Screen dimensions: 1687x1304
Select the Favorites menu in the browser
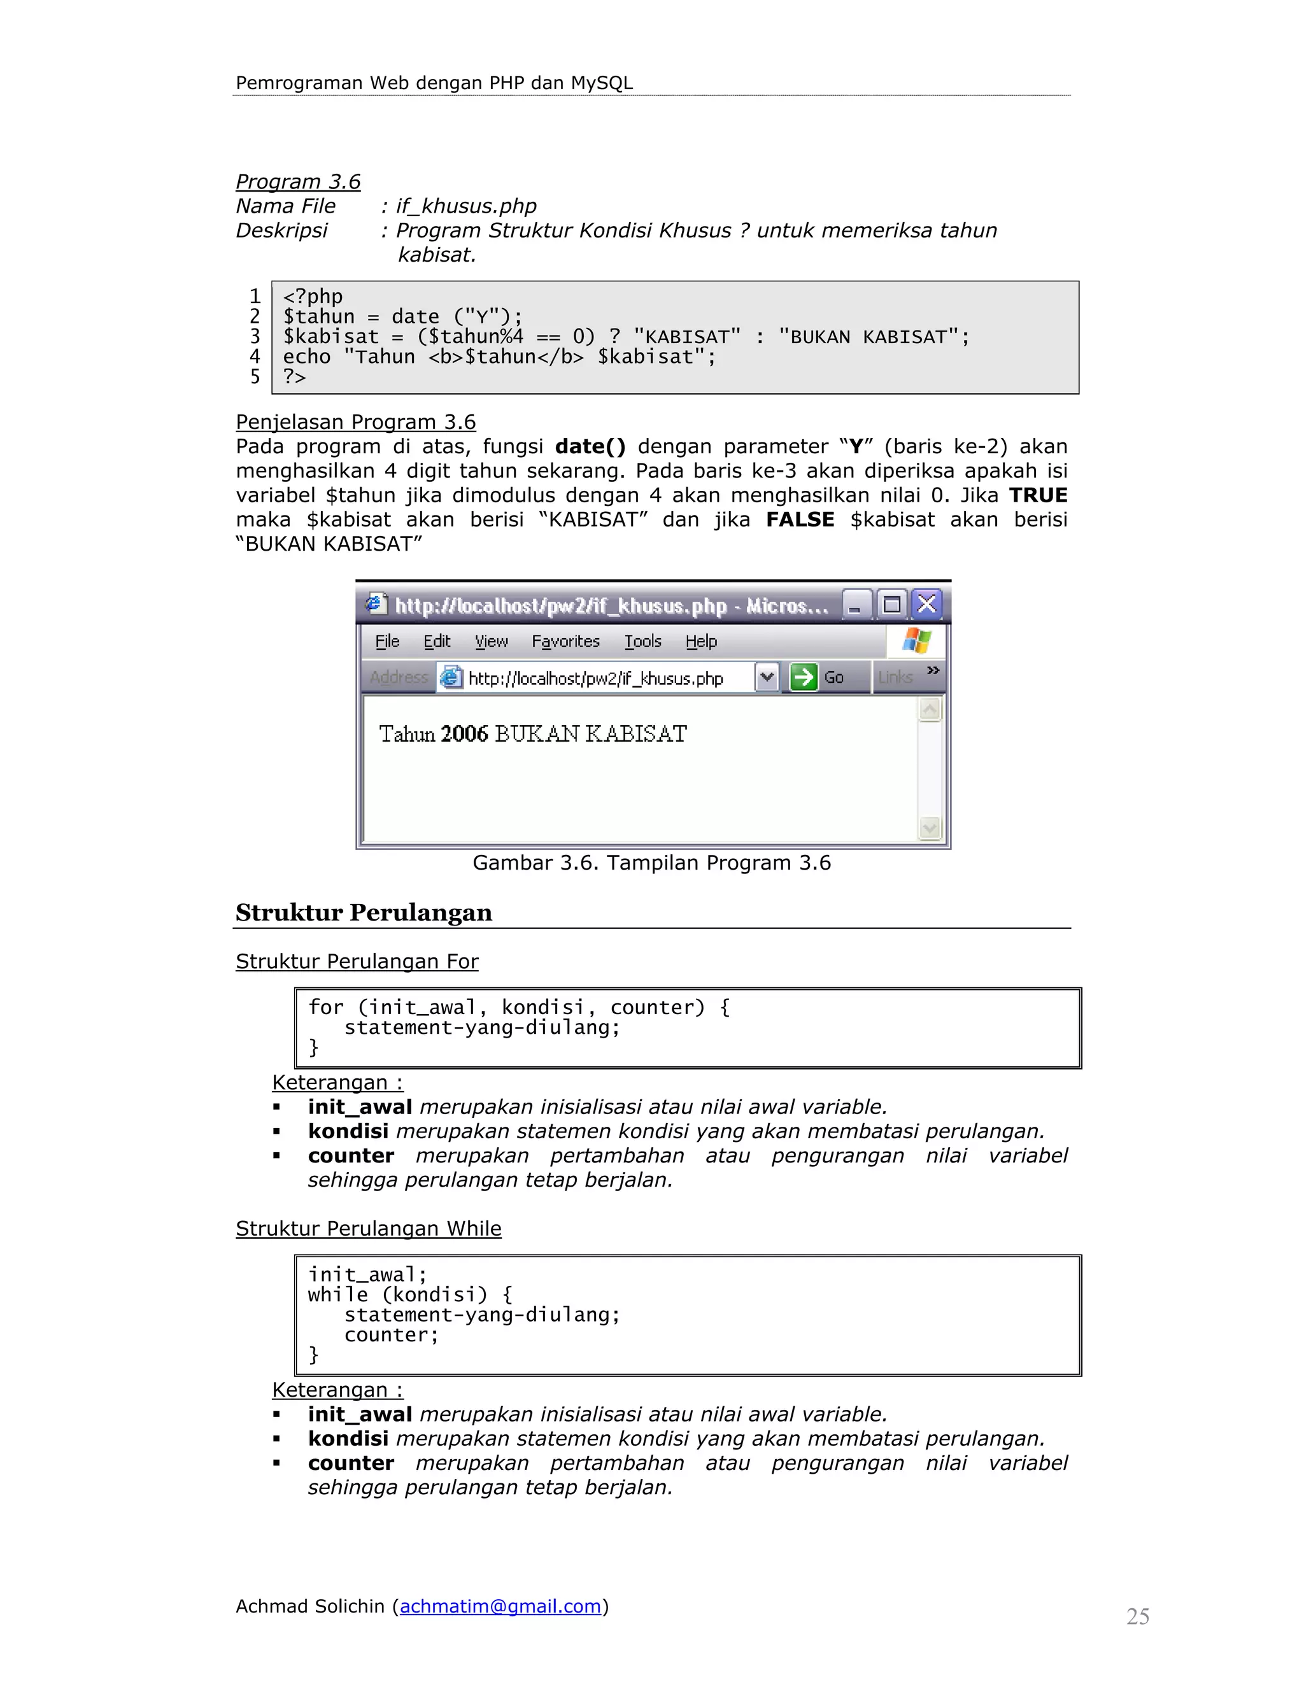point(565,641)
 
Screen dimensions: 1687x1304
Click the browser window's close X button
point(927,604)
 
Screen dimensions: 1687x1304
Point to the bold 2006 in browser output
point(464,734)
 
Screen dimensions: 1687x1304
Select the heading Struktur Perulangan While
point(368,1228)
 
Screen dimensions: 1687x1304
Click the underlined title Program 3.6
point(297,181)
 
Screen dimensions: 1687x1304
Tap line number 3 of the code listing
point(255,336)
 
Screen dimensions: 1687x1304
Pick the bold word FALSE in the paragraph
point(800,520)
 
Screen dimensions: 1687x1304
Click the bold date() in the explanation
point(590,446)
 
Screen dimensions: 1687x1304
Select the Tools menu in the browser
point(642,641)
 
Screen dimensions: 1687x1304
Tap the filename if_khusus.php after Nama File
point(466,206)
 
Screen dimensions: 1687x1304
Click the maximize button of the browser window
point(891,604)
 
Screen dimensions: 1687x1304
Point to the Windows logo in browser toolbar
point(916,640)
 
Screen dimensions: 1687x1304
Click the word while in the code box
point(337,1295)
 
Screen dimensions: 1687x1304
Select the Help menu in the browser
point(700,641)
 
